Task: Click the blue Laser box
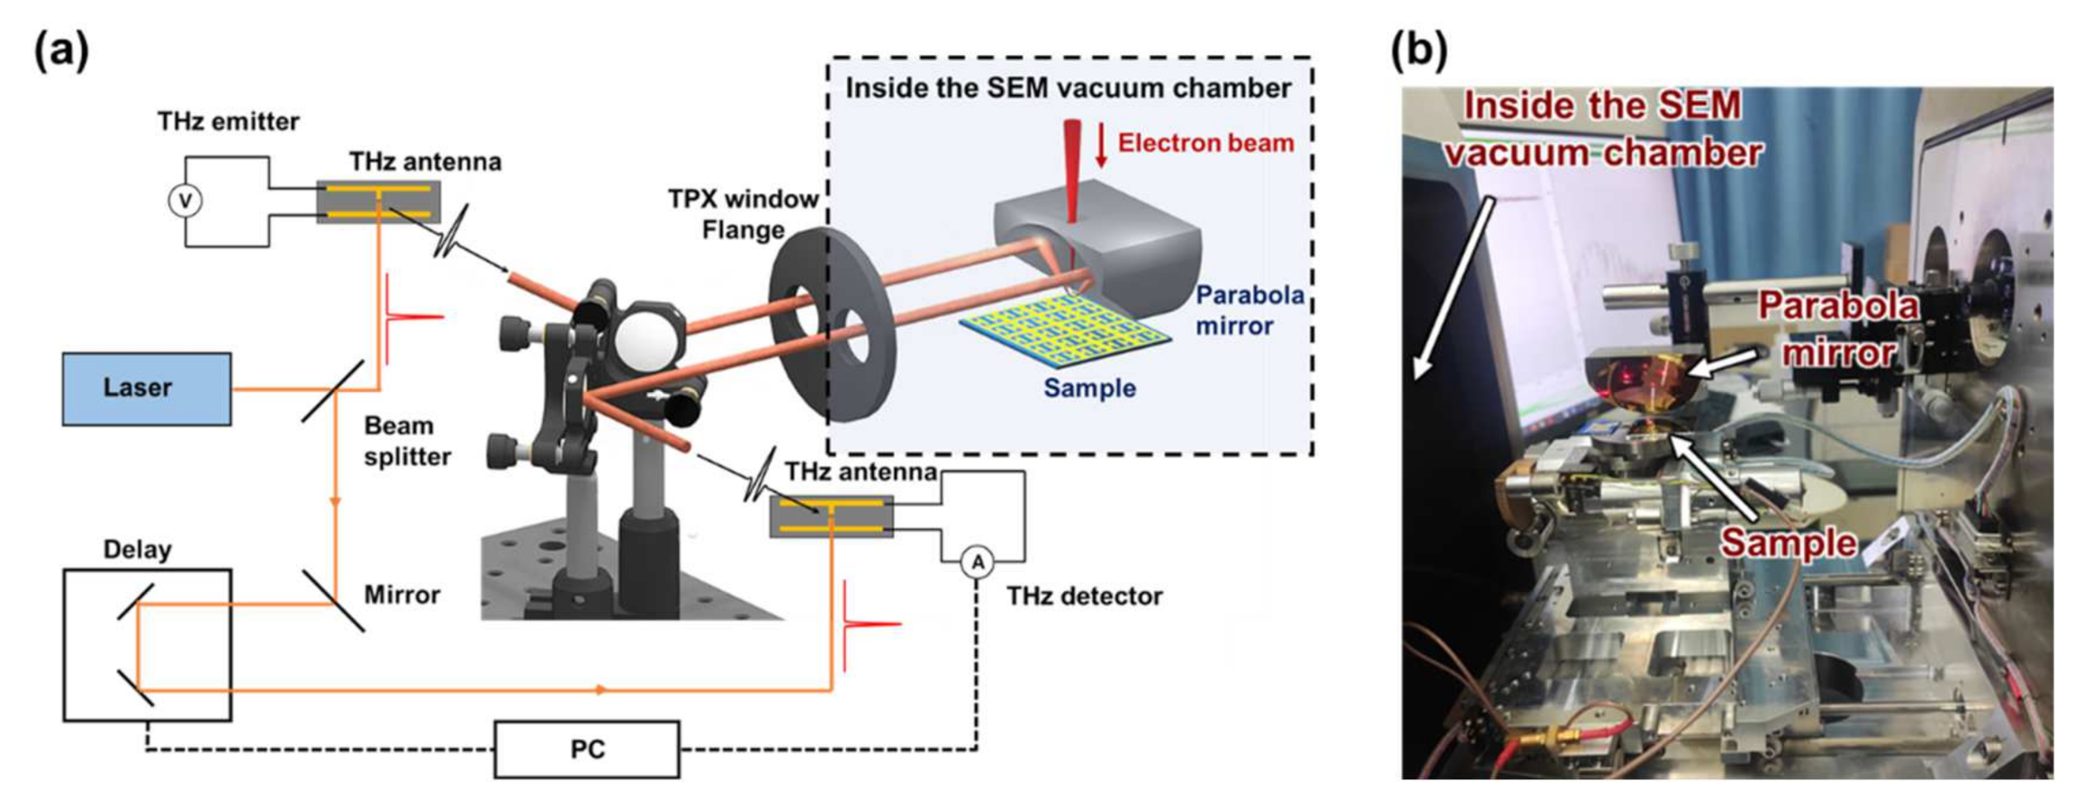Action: click(146, 389)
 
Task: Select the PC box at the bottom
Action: click(587, 750)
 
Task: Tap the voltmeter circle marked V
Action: click(185, 202)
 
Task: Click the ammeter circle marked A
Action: click(978, 563)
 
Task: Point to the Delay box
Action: click(147, 644)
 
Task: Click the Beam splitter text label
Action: click(407, 441)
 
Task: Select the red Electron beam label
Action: click(1204, 143)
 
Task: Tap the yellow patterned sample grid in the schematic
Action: click(1062, 337)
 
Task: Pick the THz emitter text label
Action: click(228, 121)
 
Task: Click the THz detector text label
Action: click(1084, 596)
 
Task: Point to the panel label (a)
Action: click(61, 50)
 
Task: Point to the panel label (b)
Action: click(1419, 50)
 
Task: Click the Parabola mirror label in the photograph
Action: click(1838, 329)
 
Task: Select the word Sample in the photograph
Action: click(1788, 543)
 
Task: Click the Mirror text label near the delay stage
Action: click(401, 595)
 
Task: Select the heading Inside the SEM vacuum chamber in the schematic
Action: click(1068, 88)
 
